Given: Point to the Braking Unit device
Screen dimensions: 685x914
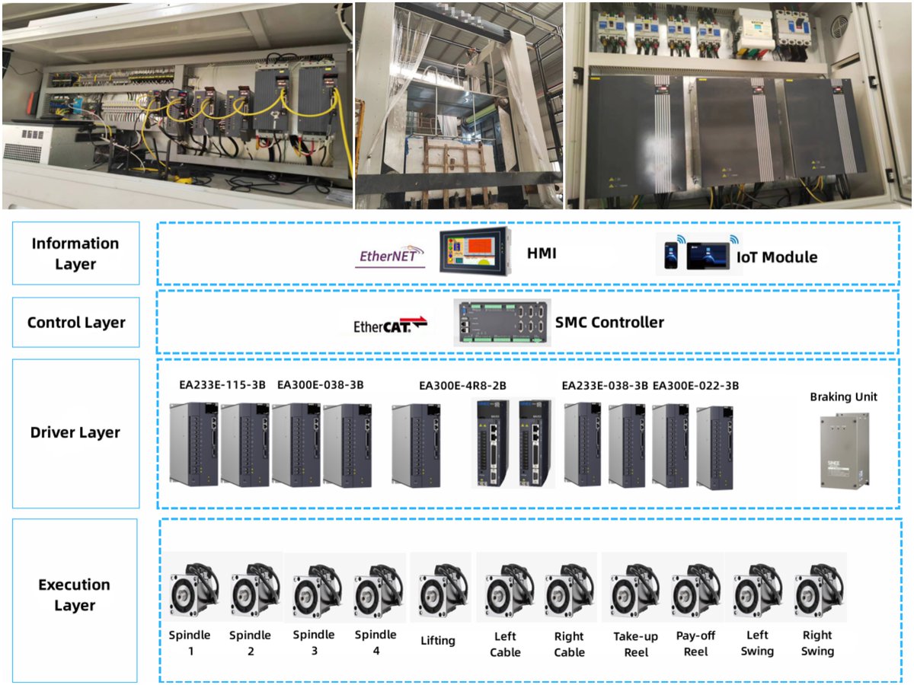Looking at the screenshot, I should coord(843,451).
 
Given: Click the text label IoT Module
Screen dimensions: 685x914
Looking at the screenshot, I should coord(777,257).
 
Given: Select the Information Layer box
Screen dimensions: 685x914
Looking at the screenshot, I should coord(75,253).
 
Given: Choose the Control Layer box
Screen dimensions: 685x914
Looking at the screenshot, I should coord(75,323).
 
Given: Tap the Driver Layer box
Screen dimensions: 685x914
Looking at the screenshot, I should coord(75,433).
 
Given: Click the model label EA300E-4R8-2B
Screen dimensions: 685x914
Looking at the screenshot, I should coord(462,385).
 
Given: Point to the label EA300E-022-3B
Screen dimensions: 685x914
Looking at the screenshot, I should coord(696,385).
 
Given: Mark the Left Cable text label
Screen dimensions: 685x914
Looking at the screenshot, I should coord(506,645).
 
